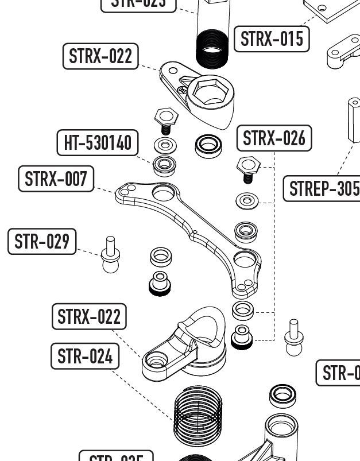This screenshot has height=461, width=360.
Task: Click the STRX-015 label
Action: pyautogui.click(x=271, y=39)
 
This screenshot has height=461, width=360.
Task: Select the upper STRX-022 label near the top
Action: pyautogui.click(x=100, y=56)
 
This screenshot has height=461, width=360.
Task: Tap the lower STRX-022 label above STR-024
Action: pyautogui.click(x=89, y=316)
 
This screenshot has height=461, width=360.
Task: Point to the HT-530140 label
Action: pyautogui.click(x=98, y=142)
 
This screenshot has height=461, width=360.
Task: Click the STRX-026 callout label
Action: pyautogui.click(x=274, y=138)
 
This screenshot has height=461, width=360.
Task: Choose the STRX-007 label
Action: pyautogui.click(x=56, y=179)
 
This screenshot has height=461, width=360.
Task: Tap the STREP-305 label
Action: pyautogui.click(x=323, y=188)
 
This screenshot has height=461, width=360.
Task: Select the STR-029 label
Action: pyautogui.click(x=42, y=241)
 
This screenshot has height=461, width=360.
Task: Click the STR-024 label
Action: pyautogui.click(x=85, y=357)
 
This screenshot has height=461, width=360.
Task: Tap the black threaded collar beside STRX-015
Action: pyautogui.click(x=212, y=49)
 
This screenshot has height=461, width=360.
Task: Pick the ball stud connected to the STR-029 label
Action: pyautogui.click(x=110, y=255)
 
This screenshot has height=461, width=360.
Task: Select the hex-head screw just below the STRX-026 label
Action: pyautogui.click(x=247, y=168)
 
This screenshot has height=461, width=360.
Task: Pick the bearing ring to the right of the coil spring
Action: pyautogui.click(x=282, y=394)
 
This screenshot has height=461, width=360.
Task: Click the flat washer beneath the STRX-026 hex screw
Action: pyautogui.click(x=247, y=201)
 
